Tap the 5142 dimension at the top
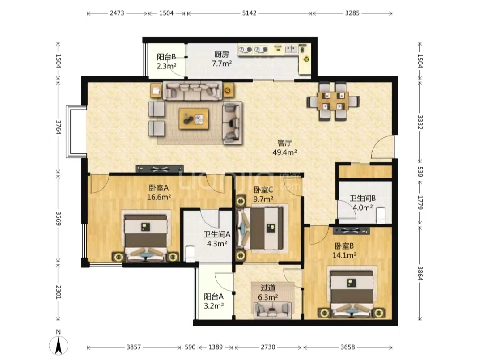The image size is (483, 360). pos(249,13)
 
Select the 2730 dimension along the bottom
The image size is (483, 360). pos(268,347)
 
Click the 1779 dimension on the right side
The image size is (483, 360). pos(420,202)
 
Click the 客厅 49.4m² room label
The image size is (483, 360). pos(284,148)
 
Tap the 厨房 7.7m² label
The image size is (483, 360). pos(222,59)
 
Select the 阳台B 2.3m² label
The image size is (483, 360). pos(166,61)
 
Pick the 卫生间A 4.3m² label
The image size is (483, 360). pos(217,239)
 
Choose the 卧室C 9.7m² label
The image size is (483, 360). pos(263,195)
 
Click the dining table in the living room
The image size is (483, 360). pos(333,101)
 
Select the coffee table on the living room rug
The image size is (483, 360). pos(194,119)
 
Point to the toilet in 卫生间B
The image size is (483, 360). pos(381,215)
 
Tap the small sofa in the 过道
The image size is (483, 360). pos(273,309)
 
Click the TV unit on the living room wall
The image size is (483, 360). pos(160,169)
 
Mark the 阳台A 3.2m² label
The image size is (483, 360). pos(214,301)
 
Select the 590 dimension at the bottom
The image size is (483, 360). pos(190,347)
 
